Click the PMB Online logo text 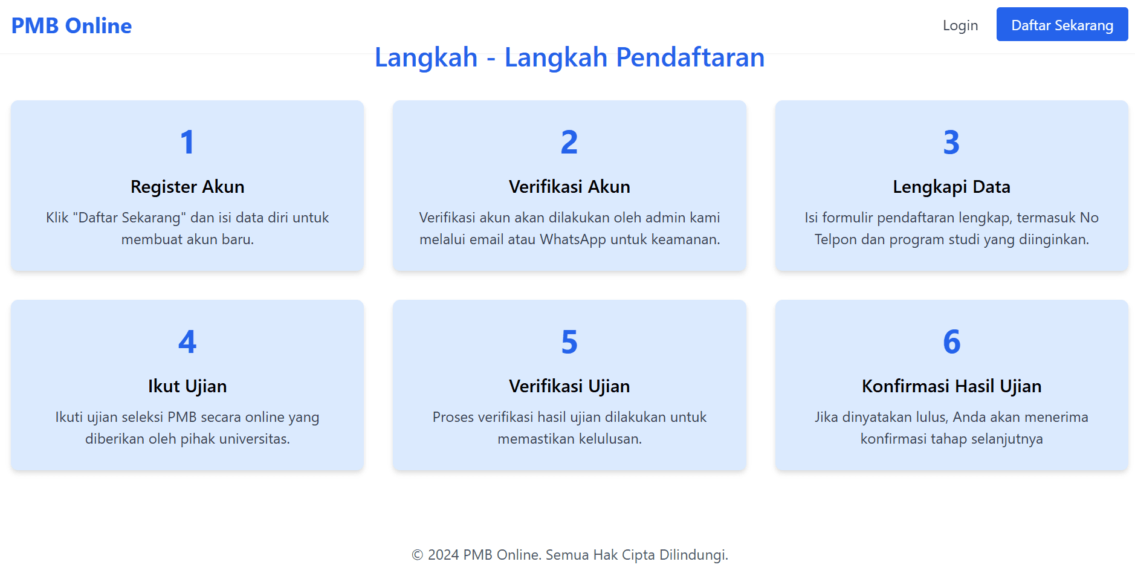click(x=71, y=25)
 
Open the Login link click(x=960, y=25)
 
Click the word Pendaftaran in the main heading click(x=690, y=57)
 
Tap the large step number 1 click(x=187, y=142)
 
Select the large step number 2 click(x=569, y=142)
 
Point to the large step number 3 click(x=951, y=142)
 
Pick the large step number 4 click(x=187, y=341)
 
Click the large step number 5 click(x=569, y=341)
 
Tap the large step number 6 click(x=951, y=341)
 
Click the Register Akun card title click(x=187, y=187)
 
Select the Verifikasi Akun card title click(x=569, y=187)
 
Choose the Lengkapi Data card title click(x=951, y=187)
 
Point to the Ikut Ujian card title click(x=187, y=386)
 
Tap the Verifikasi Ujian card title click(x=569, y=386)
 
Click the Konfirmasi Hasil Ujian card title click(x=951, y=386)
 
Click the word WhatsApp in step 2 click(x=573, y=239)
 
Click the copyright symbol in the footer click(x=418, y=555)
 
